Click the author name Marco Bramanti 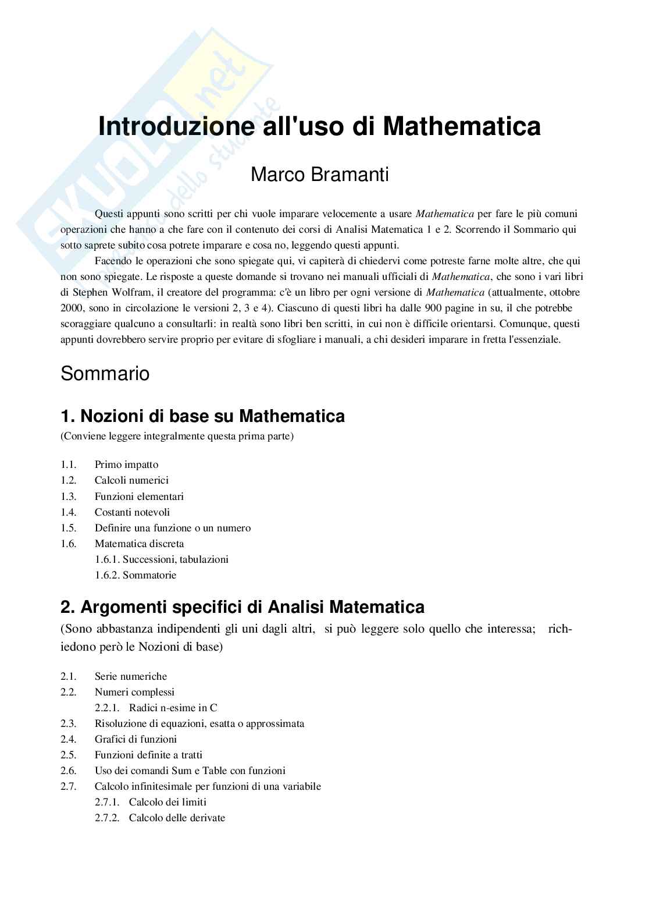(x=319, y=175)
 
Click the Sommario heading (x=105, y=374)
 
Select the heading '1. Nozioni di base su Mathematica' (x=202, y=416)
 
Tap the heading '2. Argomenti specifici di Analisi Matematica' (x=242, y=607)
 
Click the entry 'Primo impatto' (x=126, y=464)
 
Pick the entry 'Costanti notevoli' (x=132, y=512)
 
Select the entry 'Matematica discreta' (x=139, y=544)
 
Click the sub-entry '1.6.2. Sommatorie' (x=135, y=575)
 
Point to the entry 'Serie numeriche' (x=130, y=676)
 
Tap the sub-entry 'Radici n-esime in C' (x=173, y=708)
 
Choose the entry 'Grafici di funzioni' (x=135, y=739)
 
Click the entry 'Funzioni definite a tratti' (x=148, y=755)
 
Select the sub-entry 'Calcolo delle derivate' (x=177, y=818)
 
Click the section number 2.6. (x=68, y=771)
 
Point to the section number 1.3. (x=68, y=496)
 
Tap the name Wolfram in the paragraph (x=131, y=292)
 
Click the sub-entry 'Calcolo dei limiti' (x=167, y=802)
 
